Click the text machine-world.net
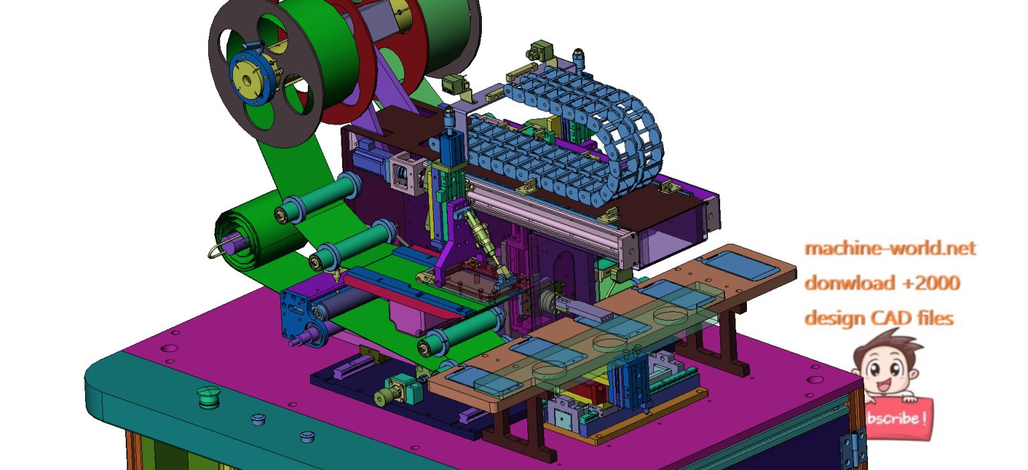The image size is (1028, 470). pos(890,248)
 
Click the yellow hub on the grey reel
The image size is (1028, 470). pos(247,78)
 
